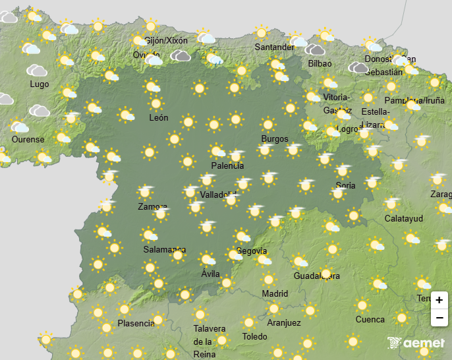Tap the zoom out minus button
pos(439,318)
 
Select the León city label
pos(159,118)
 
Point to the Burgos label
pos(275,138)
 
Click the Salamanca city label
pos(164,250)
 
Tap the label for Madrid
pos(275,293)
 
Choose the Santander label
pos(275,47)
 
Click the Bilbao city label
pos(320,64)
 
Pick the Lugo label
pos(39,84)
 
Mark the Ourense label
pos(28,139)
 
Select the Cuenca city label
pos(370,320)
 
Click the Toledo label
pos(255,336)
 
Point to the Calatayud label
pos(404,218)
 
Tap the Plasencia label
pos(136,323)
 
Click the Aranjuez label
pos(284,322)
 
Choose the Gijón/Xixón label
pos(166,40)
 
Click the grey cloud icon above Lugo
pos(37,70)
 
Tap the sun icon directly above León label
pos(156,104)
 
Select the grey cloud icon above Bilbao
pos(316,49)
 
